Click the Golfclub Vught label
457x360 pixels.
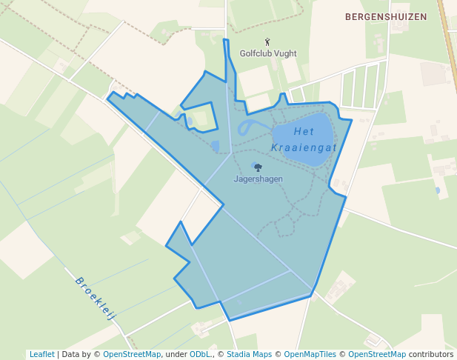267,53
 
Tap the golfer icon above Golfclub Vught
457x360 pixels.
267,42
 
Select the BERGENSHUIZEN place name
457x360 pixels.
385,16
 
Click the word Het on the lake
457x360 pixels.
304,132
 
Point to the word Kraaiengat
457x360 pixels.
304,148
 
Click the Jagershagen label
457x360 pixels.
258,179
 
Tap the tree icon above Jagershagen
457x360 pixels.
258,168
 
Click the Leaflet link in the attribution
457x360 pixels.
41,354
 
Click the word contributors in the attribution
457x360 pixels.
431,354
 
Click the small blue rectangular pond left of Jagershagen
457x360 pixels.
215,146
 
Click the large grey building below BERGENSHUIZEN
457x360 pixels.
433,73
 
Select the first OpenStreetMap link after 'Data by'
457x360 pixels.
131,354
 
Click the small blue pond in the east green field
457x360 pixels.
437,190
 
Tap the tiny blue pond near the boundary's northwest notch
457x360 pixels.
190,121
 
